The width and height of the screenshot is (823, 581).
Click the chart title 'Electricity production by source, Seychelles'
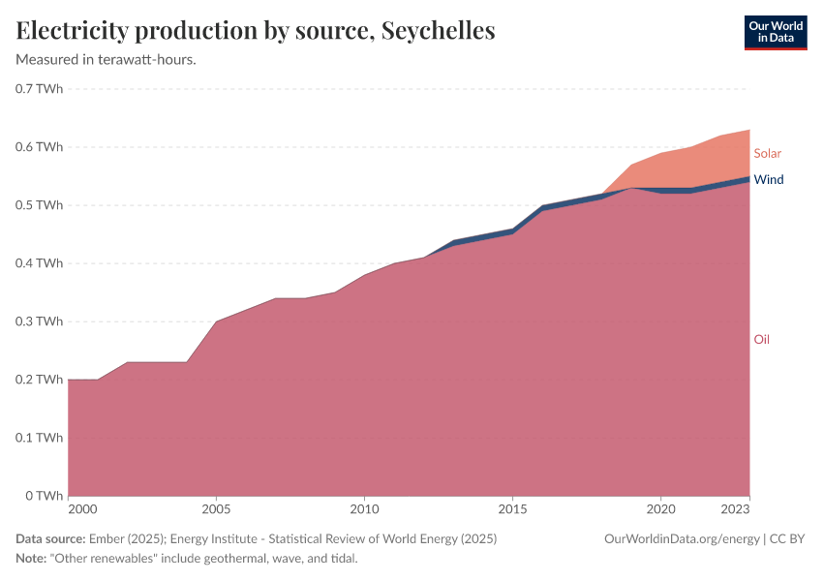coord(256,31)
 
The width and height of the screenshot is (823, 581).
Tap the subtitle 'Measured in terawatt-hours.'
coord(107,60)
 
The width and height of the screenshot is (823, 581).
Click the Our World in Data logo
coord(775,32)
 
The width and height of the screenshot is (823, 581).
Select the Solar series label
coord(767,154)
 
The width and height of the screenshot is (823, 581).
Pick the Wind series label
coord(769,180)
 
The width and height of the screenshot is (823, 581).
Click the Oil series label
coord(762,340)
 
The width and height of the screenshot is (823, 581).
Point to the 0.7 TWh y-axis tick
coord(40,89)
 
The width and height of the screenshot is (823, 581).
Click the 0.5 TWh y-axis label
coord(40,205)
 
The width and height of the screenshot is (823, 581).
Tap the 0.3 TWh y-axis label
coord(40,321)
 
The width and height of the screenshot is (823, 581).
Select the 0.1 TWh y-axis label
coord(40,438)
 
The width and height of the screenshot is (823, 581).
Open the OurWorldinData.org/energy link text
coord(681,538)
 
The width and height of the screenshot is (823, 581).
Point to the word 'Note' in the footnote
coord(32,559)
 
